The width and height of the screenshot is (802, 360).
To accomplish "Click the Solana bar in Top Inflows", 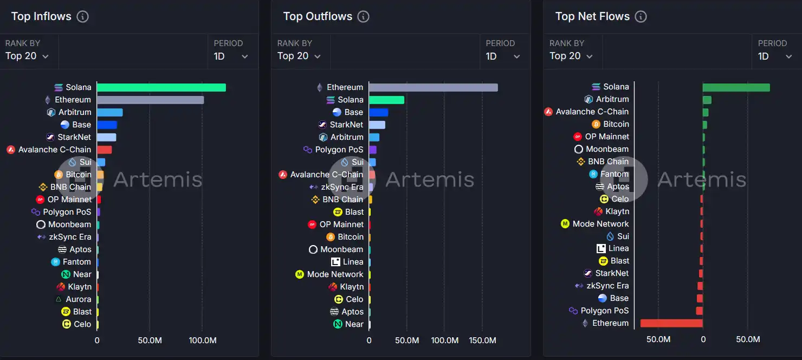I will (161, 87).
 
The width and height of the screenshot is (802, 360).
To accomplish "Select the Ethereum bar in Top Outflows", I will (433, 87).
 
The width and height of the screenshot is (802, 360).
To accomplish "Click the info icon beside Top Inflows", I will (82, 16).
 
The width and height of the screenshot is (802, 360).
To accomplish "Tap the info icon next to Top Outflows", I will (364, 16).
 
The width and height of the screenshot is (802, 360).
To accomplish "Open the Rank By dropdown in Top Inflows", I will (27, 56).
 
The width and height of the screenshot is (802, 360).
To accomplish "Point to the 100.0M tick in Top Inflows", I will (202, 340).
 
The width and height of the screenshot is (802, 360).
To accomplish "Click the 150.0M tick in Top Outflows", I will (482, 340).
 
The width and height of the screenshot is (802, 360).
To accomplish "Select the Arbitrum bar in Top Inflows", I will (109, 112).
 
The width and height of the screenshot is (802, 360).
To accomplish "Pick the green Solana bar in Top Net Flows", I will (736, 87).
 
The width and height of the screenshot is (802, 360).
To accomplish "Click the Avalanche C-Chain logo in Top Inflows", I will (11, 150).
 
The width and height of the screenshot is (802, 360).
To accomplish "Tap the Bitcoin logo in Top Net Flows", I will (596, 124).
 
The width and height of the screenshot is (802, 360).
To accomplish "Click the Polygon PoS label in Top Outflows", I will (339, 150).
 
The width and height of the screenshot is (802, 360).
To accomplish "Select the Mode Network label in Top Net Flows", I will (600, 224).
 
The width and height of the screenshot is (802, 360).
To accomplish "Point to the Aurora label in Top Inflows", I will (79, 299).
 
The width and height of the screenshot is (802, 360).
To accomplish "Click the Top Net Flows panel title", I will (592, 16).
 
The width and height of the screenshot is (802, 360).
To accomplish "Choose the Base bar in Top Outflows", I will (378, 112).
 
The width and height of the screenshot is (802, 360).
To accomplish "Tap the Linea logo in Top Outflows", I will (336, 262).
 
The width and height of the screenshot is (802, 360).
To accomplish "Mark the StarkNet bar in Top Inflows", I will (106, 137).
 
